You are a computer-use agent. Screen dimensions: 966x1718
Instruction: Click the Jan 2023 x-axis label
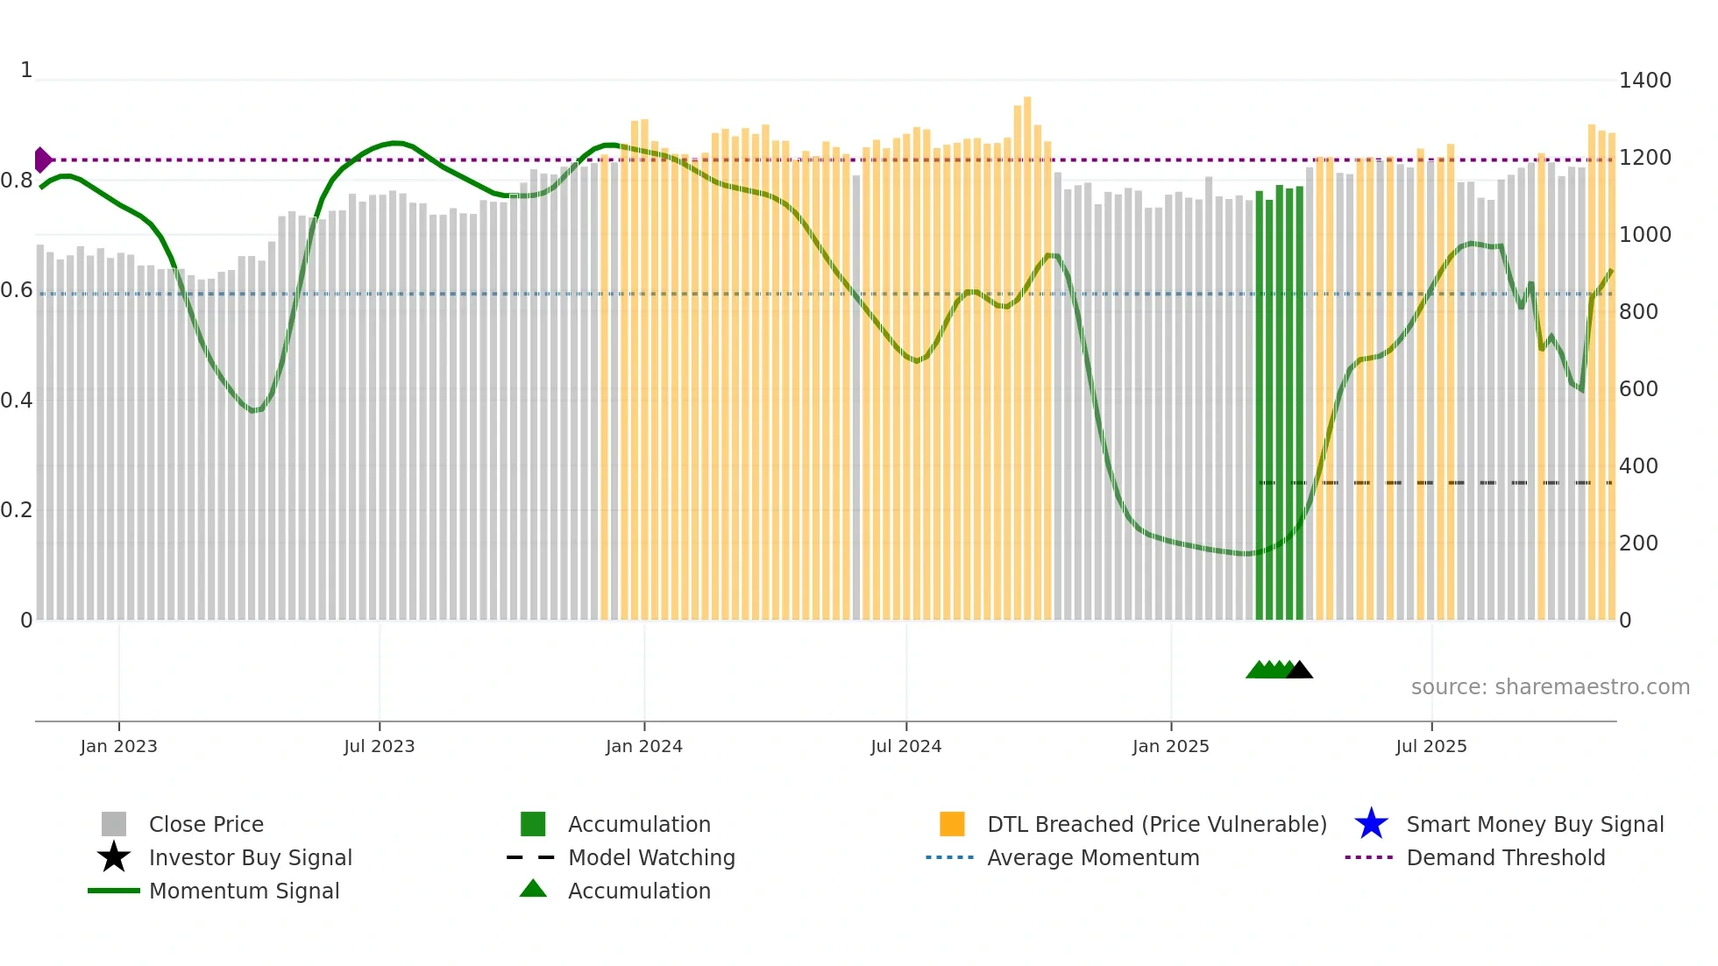[118, 746]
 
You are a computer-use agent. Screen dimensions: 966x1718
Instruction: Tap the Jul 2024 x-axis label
[905, 746]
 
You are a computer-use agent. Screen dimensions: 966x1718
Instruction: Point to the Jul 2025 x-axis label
[1430, 746]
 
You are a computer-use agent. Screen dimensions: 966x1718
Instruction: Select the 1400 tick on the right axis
[1644, 81]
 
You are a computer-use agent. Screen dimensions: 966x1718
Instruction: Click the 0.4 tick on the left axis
[17, 401]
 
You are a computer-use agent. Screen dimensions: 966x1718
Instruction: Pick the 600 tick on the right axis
[1637, 389]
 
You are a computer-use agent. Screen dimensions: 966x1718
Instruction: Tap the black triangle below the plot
[1299, 671]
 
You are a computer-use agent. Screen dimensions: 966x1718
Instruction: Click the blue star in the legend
[1371, 824]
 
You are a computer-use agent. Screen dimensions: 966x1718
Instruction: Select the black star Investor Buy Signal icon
[114, 857]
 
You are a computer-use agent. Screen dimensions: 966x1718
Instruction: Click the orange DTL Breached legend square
[952, 824]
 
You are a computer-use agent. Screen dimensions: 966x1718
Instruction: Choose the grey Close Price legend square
[114, 824]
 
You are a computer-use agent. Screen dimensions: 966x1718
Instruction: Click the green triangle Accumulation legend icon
[533, 890]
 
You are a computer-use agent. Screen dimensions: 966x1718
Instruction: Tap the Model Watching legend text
[651, 857]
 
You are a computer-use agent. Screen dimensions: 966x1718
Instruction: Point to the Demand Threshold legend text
[1505, 857]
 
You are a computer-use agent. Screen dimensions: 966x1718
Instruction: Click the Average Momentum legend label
[1093, 857]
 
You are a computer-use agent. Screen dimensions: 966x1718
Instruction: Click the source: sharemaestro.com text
[1550, 687]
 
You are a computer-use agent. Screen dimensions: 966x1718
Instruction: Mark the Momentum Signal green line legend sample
[114, 891]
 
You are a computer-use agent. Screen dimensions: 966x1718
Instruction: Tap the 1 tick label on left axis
[26, 70]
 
